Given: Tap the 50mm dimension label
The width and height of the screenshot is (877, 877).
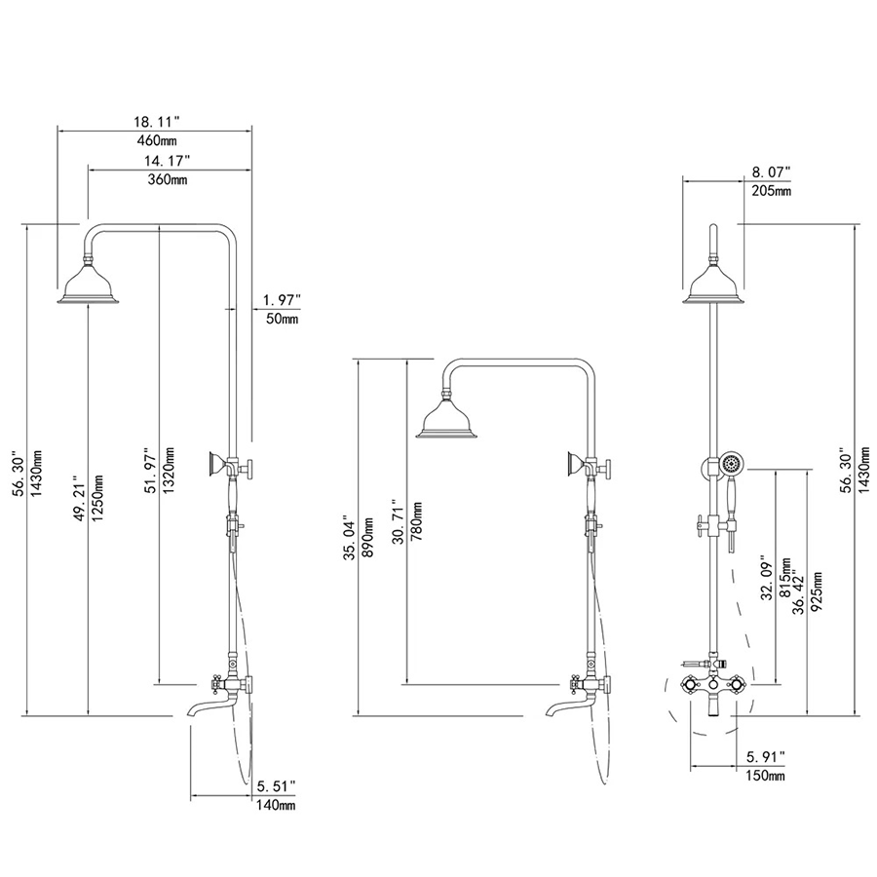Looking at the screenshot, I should coord(282,320).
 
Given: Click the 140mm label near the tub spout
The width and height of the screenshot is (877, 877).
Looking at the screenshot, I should coord(276,806).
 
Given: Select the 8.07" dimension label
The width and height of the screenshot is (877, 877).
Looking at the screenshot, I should coord(771,172).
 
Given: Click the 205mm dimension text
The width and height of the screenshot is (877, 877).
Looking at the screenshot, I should coord(771,191).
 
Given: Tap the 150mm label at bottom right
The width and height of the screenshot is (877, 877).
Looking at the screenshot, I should coord(765,776).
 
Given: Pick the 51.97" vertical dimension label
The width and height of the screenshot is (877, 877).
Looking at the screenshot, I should coord(149,473).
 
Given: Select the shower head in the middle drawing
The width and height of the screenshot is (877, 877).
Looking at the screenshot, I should coord(447,422).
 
